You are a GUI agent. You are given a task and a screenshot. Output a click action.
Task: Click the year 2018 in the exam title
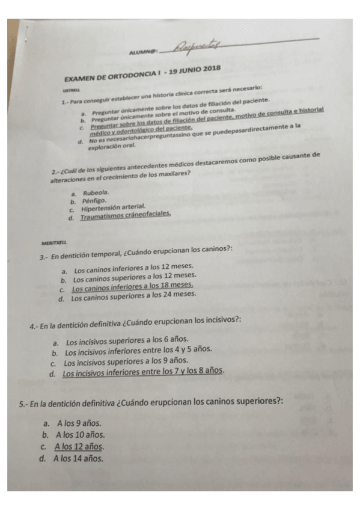210,70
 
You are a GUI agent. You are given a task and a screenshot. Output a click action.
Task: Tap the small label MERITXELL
53,243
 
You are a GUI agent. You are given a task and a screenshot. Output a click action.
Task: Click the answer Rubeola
96,192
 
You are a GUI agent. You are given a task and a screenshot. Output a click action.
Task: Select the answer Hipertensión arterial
113,208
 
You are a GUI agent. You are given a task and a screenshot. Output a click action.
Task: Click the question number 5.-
24,402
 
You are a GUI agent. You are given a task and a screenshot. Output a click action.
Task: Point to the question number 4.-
34,326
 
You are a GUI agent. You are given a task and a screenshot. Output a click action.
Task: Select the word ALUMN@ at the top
142,52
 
